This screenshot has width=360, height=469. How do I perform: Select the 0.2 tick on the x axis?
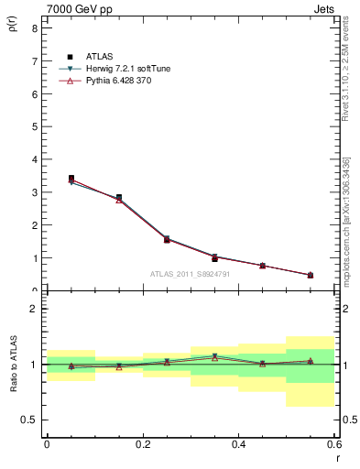(142, 445)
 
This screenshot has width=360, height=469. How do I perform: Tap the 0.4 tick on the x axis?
(238, 445)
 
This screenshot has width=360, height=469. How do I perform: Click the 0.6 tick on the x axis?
(333, 445)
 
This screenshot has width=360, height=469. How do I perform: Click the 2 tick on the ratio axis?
(34, 309)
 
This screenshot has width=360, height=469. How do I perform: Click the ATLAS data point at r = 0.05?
(71, 179)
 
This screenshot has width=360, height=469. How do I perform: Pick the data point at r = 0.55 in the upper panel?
(311, 275)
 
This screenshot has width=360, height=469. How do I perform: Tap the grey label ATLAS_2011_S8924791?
(190, 273)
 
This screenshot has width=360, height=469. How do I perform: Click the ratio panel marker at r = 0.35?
(214, 356)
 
